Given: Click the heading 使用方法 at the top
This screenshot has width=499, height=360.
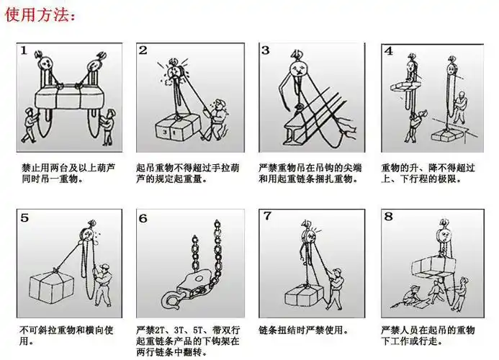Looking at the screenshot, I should pyautogui.click(x=40, y=15).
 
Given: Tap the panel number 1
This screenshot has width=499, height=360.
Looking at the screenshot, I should pyautogui.click(x=24, y=51).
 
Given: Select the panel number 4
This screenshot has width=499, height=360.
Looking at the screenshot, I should pyautogui.click(x=389, y=51).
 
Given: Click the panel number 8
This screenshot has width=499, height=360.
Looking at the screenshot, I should pyautogui.click(x=389, y=216).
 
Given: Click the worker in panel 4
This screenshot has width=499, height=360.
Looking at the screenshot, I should pyautogui.click(x=413, y=122).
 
